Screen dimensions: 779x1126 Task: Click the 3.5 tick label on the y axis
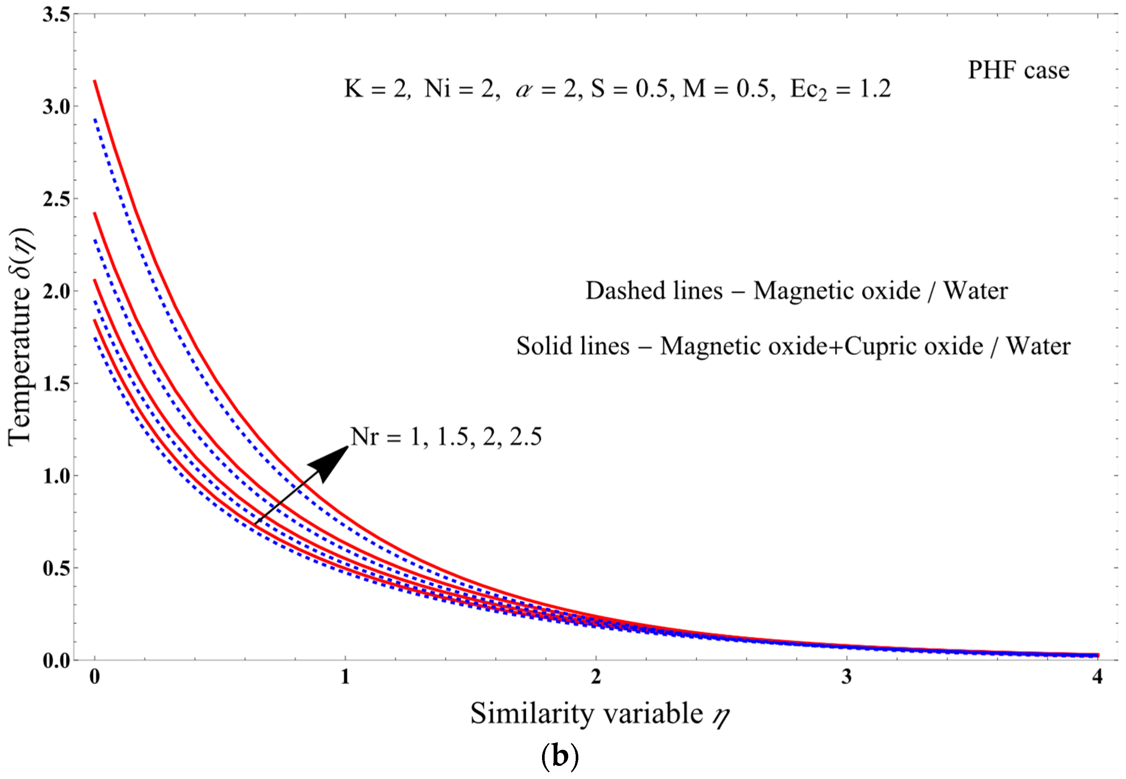click(x=56, y=14)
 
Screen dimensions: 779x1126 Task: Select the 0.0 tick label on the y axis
click(x=56, y=660)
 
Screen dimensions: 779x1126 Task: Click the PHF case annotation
click(x=1019, y=70)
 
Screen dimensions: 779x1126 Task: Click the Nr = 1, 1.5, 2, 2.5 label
click(x=446, y=436)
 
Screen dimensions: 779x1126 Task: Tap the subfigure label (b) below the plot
click(x=560, y=757)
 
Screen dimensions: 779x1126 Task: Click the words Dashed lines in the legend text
click(x=654, y=291)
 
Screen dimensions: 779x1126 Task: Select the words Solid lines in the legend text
click(x=573, y=346)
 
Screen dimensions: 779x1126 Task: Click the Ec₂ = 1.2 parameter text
click(x=840, y=89)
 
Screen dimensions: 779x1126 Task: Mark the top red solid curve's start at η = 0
click(x=95, y=81)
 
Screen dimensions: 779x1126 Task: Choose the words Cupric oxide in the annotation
click(x=913, y=346)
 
